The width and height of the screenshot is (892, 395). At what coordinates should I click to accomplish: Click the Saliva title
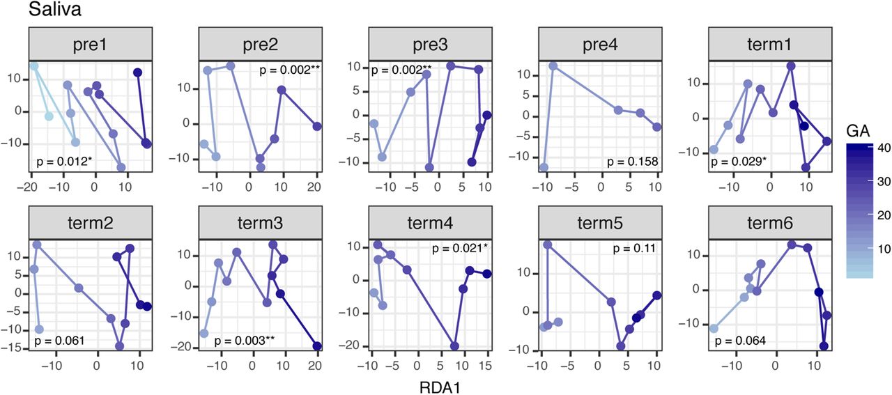pyautogui.click(x=55, y=9)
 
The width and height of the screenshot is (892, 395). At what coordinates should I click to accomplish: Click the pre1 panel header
pyautogui.click(x=91, y=44)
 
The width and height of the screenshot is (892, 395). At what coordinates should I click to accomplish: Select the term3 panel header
pyautogui.click(x=261, y=223)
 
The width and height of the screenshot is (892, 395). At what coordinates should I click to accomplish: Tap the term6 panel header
pyautogui.click(x=770, y=223)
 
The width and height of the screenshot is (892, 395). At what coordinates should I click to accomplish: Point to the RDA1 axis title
pyautogui.click(x=440, y=387)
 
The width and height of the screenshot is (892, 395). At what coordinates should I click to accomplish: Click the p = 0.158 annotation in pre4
pyautogui.click(x=632, y=161)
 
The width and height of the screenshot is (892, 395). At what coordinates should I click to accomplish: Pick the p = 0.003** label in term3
pyautogui.click(x=245, y=341)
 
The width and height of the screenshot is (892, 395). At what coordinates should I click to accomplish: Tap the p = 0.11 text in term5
pyautogui.click(x=634, y=249)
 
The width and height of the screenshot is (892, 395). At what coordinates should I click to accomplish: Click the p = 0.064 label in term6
pyautogui.click(x=740, y=341)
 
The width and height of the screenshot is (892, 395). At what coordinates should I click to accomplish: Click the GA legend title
pyautogui.click(x=858, y=131)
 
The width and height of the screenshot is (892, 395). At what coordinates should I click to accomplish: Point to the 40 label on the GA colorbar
pyautogui.click(x=884, y=148)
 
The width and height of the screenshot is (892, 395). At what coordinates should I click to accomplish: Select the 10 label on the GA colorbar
pyautogui.click(x=884, y=249)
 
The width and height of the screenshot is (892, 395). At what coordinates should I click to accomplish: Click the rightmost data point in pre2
pyautogui.click(x=317, y=127)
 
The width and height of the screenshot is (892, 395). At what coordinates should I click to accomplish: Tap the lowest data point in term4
pyautogui.click(x=454, y=346)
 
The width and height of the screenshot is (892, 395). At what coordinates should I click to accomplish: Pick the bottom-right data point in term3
pyautogui.click(x=317, y=346)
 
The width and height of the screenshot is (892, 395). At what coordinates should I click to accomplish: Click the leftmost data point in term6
pyautogui.click(x=714, y=329)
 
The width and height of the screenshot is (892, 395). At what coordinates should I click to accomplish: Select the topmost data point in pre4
pyautogui.click(x=553, y=66)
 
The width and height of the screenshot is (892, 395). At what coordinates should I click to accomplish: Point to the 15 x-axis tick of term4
pyautogui.click(x=486, y=365)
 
